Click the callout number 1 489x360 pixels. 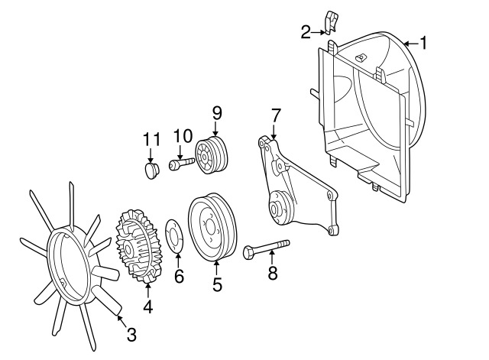click(423, 43)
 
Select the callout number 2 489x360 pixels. click(306, 32)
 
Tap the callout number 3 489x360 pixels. click(131, 335)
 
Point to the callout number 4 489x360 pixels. click(148, 306)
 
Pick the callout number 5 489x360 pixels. click(217, 284)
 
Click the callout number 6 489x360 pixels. click(179, 277)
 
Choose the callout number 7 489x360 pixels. click(276, 115)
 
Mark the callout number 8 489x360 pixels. click(273, 273)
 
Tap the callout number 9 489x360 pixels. click(217, 113)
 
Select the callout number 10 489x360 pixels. click(183, 136)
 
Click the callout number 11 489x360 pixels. click(151, 139)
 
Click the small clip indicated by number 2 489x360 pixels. click(331, 22)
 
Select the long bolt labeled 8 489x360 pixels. click(266, 248)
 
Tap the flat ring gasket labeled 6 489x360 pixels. click(174, 235)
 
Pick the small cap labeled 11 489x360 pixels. click(152, 170)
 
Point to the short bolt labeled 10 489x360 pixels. click(182, 164)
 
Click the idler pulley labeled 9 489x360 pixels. click(212, 154)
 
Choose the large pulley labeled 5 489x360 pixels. click(212, 227)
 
